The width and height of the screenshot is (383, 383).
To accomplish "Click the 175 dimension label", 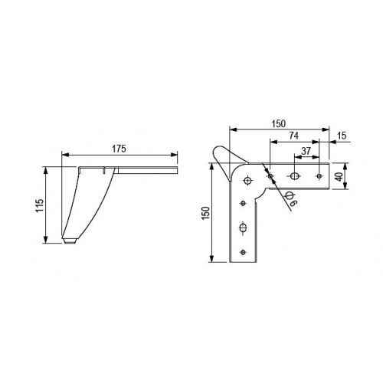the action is [x=119, y=149].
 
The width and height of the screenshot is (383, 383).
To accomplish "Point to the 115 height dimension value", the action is [x=40, y=205].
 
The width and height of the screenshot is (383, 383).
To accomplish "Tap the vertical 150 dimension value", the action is [x=205, y=212].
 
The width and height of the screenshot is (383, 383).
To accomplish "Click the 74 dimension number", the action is [x=293, y=136].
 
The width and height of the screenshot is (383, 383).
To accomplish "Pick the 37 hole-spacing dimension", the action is [x=306, y=151].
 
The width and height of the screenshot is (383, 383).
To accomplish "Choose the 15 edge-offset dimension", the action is [x=342, y=136].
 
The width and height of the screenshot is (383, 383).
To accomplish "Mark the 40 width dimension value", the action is [x=339, y=176].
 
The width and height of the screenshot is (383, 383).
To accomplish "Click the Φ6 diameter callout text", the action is [x=291, y=199].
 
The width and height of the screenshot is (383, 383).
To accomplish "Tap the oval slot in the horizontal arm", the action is [x=294, y=176].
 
